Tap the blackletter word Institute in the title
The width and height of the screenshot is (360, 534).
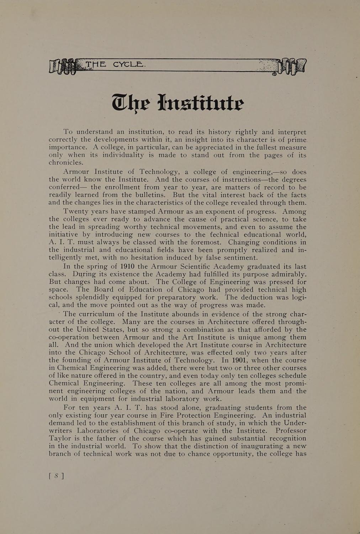click(x=200, y=103)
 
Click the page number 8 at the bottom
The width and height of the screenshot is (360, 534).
click(x=56, y=476)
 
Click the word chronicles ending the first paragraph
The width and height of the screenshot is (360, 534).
click(x=66, y=163)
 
